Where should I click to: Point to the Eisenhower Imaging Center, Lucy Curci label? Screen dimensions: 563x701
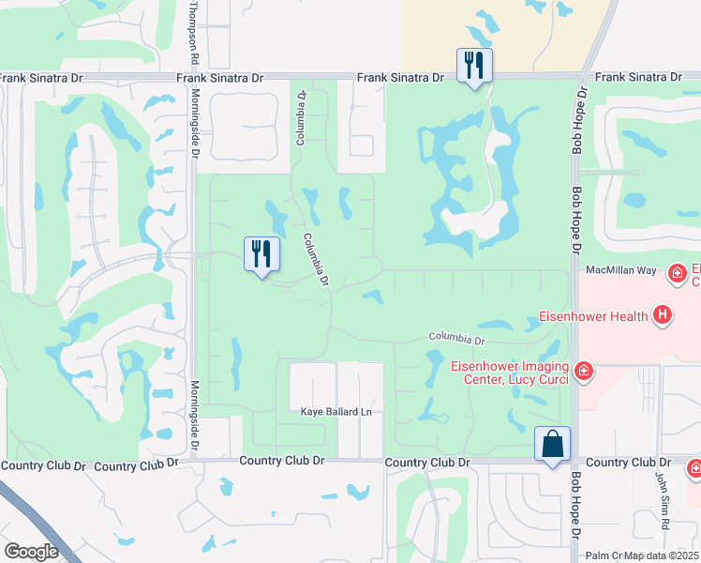tap(510, 372)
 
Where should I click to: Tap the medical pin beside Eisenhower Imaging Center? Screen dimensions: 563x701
tap(584, 372)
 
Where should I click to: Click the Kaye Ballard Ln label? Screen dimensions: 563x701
tap(336, 412)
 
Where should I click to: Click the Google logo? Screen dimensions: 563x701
tap(31, 551)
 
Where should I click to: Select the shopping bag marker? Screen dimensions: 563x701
tap(552, 443)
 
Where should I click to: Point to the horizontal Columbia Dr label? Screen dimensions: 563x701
tap(457, 338)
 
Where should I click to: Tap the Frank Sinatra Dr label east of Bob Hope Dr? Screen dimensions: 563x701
tap(636, 77)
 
